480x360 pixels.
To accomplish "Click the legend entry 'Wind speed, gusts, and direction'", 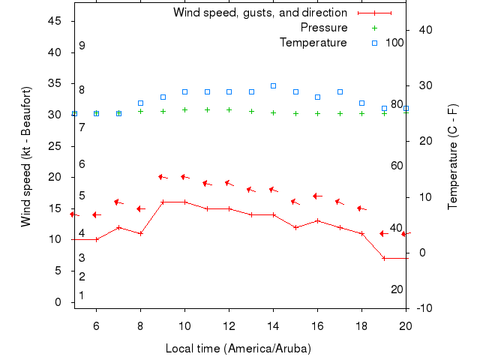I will [x=259, y=13].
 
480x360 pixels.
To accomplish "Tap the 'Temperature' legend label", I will [x=313, y=43].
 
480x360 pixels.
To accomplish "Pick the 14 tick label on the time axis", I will [x=273, y=326].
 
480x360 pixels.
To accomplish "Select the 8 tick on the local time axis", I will [x=140, y=326].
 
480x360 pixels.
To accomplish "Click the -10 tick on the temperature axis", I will [x=424, y=308].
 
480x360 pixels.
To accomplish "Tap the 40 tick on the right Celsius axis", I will [x=424, y=30].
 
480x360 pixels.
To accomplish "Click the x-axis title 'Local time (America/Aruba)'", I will [x=238, y=349].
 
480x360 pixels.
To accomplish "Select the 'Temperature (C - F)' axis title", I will [x=453, y=156].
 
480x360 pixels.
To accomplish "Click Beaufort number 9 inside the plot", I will [x=82, y=46].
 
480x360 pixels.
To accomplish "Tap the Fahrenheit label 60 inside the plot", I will [x=397, y=165].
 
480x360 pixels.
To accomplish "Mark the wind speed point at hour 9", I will [x=163, y=202].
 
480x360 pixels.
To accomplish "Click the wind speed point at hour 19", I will [x=383, y=258].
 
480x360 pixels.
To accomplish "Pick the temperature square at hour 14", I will [x=273, y=85].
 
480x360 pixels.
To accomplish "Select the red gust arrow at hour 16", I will [x=317, y=196].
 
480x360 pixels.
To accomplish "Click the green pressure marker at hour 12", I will [x=229, y=109].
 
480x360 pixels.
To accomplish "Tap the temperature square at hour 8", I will [x=140, y=103].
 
